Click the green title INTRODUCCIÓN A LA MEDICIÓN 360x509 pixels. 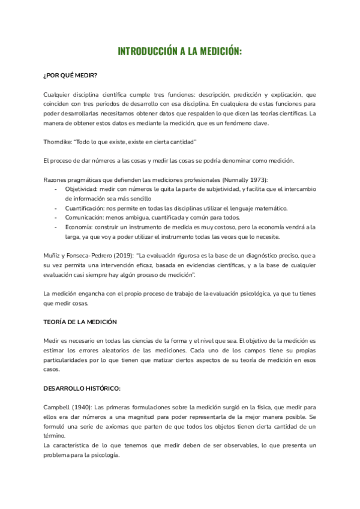click(x=180, y=52)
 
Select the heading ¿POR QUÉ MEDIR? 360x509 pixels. click(x=71, y=76)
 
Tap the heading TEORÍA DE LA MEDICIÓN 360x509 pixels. click(x=80, y=322)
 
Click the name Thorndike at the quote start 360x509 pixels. click(x=58, y=142)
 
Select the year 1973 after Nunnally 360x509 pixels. click(x=257, y=179)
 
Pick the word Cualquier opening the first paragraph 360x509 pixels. click(x=59, y=94)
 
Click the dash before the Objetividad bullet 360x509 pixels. click(x=56, y=189)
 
